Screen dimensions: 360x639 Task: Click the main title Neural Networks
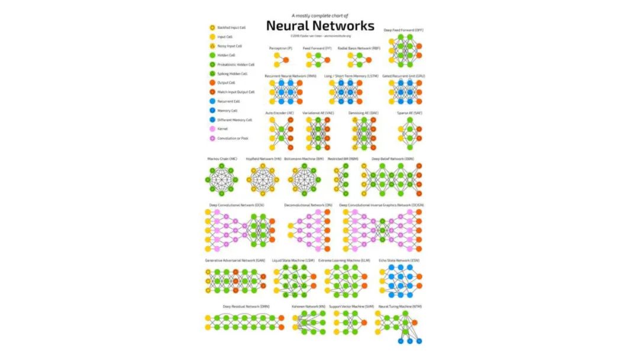tap(319, 25)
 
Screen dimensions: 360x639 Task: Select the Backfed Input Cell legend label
tap(231, 27)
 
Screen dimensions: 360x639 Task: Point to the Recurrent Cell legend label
tap(228, 101)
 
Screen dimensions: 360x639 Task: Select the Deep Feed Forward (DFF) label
tap(404, 30)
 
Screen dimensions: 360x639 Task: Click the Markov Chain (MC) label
tap(222, 159)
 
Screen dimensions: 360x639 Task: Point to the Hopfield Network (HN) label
tap(263, 159)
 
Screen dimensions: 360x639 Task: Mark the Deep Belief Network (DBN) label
tap(392, 159)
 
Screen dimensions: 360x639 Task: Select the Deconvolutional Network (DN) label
tap(308, 205)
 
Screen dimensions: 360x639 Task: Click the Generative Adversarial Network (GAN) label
tap(235, 261)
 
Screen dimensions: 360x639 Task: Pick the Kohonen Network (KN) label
tap(308, 306)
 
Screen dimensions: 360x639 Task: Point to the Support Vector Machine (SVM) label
tap(351, 306)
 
